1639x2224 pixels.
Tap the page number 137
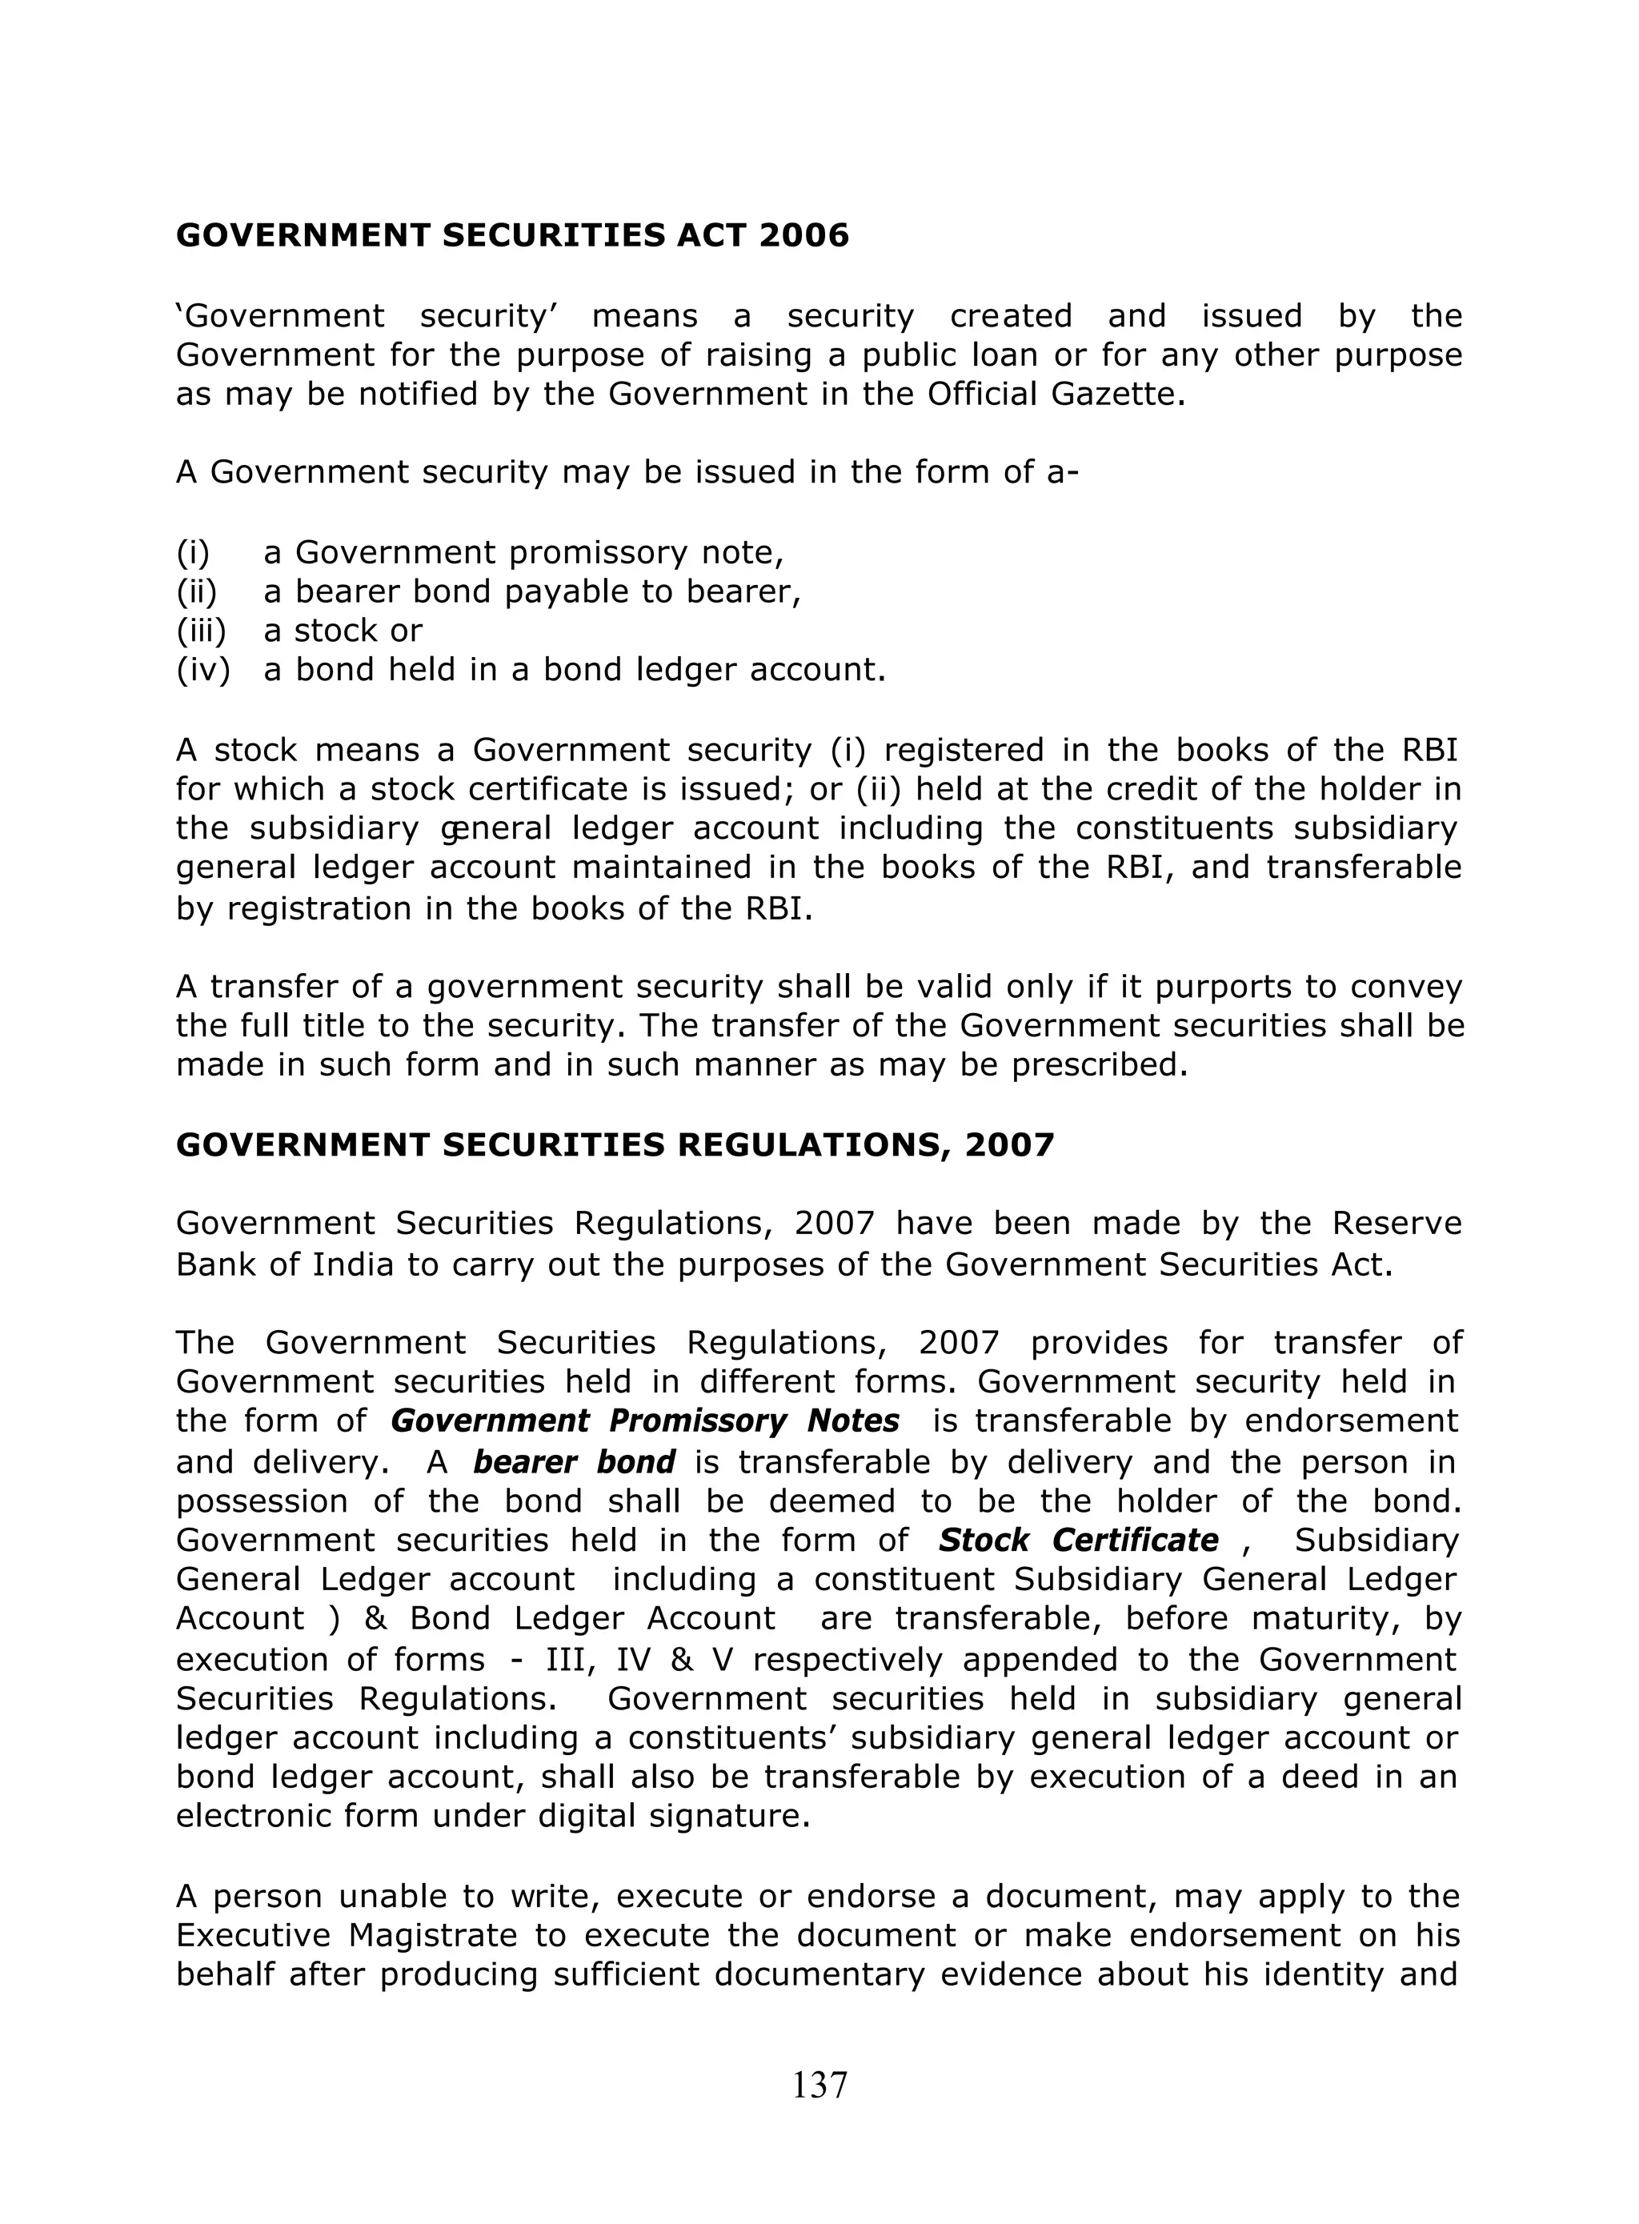(x=819, y=2085)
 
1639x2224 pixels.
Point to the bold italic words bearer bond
(x=574, y=1462)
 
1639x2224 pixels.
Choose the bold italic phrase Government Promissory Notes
(x=645, y=1421)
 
